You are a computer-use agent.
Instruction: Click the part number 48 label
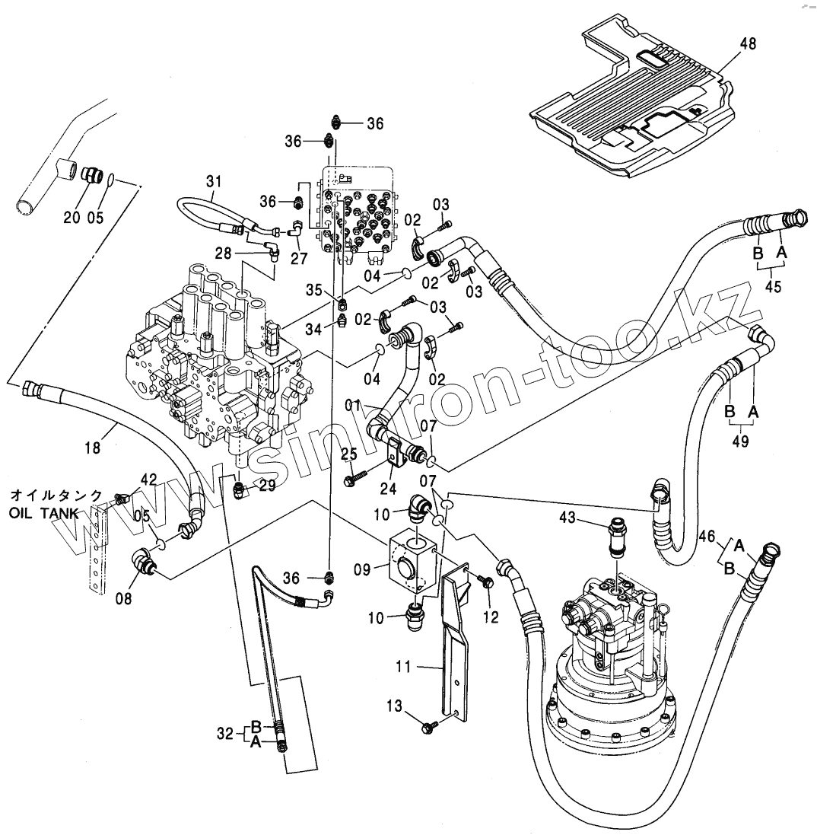point(748,44)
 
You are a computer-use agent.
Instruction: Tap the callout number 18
point(92,448)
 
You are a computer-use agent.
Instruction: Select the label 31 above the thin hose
point(214,181)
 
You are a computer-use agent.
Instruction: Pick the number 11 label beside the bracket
point(403,668)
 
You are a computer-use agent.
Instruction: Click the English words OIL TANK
point(43,513)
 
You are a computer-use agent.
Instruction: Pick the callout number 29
point(266,486)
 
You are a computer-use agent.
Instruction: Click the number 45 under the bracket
point(773,288)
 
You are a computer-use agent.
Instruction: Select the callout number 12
point(491,617)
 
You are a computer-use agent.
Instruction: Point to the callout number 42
point(148,480)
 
